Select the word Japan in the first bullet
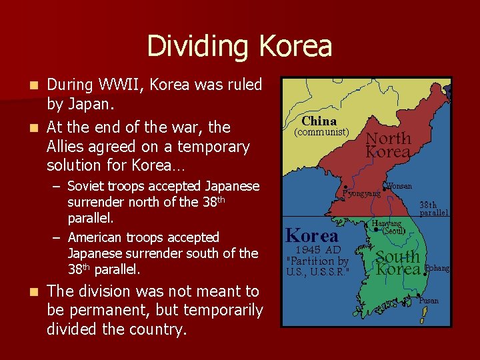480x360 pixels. [x=84, y=105]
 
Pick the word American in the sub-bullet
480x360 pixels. [x=97, y=237]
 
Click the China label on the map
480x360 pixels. [x=319, y=121]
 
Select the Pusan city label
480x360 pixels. [x=429, y=301]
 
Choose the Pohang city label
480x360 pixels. [x=437, y=268]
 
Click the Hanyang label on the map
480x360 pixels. [x=387, y=224]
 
